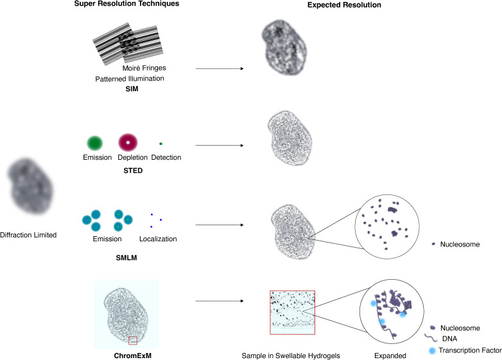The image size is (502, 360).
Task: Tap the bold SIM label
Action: click(x=133, y=90)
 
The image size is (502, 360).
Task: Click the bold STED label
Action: click(x=134, y=171)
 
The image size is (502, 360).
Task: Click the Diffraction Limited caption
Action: click(x=28, y=235)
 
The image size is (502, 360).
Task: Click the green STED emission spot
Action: click(x=95, y=142)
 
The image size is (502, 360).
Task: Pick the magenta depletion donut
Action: click(x=128, y=142)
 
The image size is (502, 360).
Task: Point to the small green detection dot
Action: click(x=160, y=143)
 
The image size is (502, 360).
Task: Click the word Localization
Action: click(x=158, y=239)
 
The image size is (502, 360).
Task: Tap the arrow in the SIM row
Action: click(x=219, y=69)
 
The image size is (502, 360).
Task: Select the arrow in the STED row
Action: click(x=219, y=145)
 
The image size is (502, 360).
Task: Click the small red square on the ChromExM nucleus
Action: click(x=133, y=339)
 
